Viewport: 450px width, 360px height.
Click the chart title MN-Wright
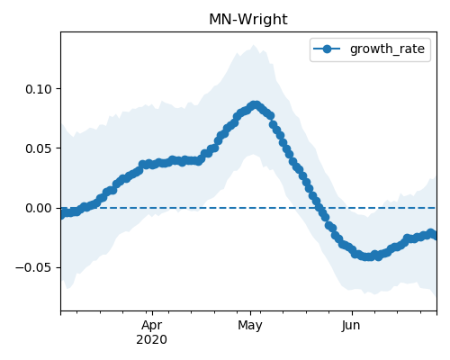click(x=248, y=20)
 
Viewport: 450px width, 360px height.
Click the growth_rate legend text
click(x=387, y=49)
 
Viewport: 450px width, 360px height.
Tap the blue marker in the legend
click(x=327, y=49)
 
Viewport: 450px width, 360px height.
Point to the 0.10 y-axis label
click(x=39, y=89)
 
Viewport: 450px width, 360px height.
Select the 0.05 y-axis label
click(x=39, y=148)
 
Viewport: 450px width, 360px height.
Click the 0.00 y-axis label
click(x=39, y=208)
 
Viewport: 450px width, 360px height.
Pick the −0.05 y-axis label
click(x=34, y=267)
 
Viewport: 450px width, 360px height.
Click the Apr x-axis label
click(x=152, y=325)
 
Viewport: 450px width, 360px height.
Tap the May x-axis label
click(x=250, y=325)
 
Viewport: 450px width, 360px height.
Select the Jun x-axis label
click(x=351, y=325)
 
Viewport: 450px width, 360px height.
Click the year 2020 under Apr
click(x=152, y=340)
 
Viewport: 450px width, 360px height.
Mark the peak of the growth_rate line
click(x=256, y=105)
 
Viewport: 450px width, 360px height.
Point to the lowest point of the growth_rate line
click(x=368, y=256)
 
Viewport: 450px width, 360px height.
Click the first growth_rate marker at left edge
click(x=61, y=213)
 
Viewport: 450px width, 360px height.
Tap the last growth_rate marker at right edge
click(x=435, y=236)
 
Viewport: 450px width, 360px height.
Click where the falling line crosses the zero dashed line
click(x=319, y=208)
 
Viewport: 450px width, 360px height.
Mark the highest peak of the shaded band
click(x=254, y=45)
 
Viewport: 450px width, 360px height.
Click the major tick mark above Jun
click(x=352, y=313)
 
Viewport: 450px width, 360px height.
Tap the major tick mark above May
click(x=251, y=313)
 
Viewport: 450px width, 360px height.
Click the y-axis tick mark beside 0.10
click(x=58, y=89)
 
